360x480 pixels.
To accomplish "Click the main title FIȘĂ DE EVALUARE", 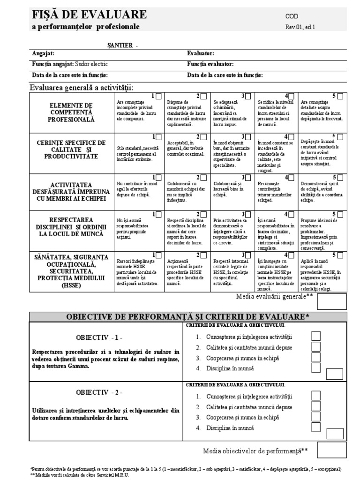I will [89, 15].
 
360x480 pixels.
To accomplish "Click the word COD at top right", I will [292, 16].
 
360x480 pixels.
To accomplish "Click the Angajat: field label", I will [43, 54].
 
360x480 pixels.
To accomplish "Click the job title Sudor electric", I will [94, 64].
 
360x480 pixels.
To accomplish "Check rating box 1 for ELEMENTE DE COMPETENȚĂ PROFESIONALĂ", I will [159, 96].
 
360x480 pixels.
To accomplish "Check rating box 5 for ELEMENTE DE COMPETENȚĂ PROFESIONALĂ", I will [340, 96].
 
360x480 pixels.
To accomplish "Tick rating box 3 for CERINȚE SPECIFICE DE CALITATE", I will [250, 136].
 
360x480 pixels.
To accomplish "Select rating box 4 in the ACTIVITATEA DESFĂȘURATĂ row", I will [295, 177].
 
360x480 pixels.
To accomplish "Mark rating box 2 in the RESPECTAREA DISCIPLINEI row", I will [204, 214].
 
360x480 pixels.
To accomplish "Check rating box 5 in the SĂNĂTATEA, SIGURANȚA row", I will [340, 255].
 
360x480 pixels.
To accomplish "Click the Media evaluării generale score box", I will [332, 302].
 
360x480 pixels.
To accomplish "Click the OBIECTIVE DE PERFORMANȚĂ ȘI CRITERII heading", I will [188, 316].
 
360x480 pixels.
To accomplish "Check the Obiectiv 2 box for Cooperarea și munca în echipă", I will [316, 417].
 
